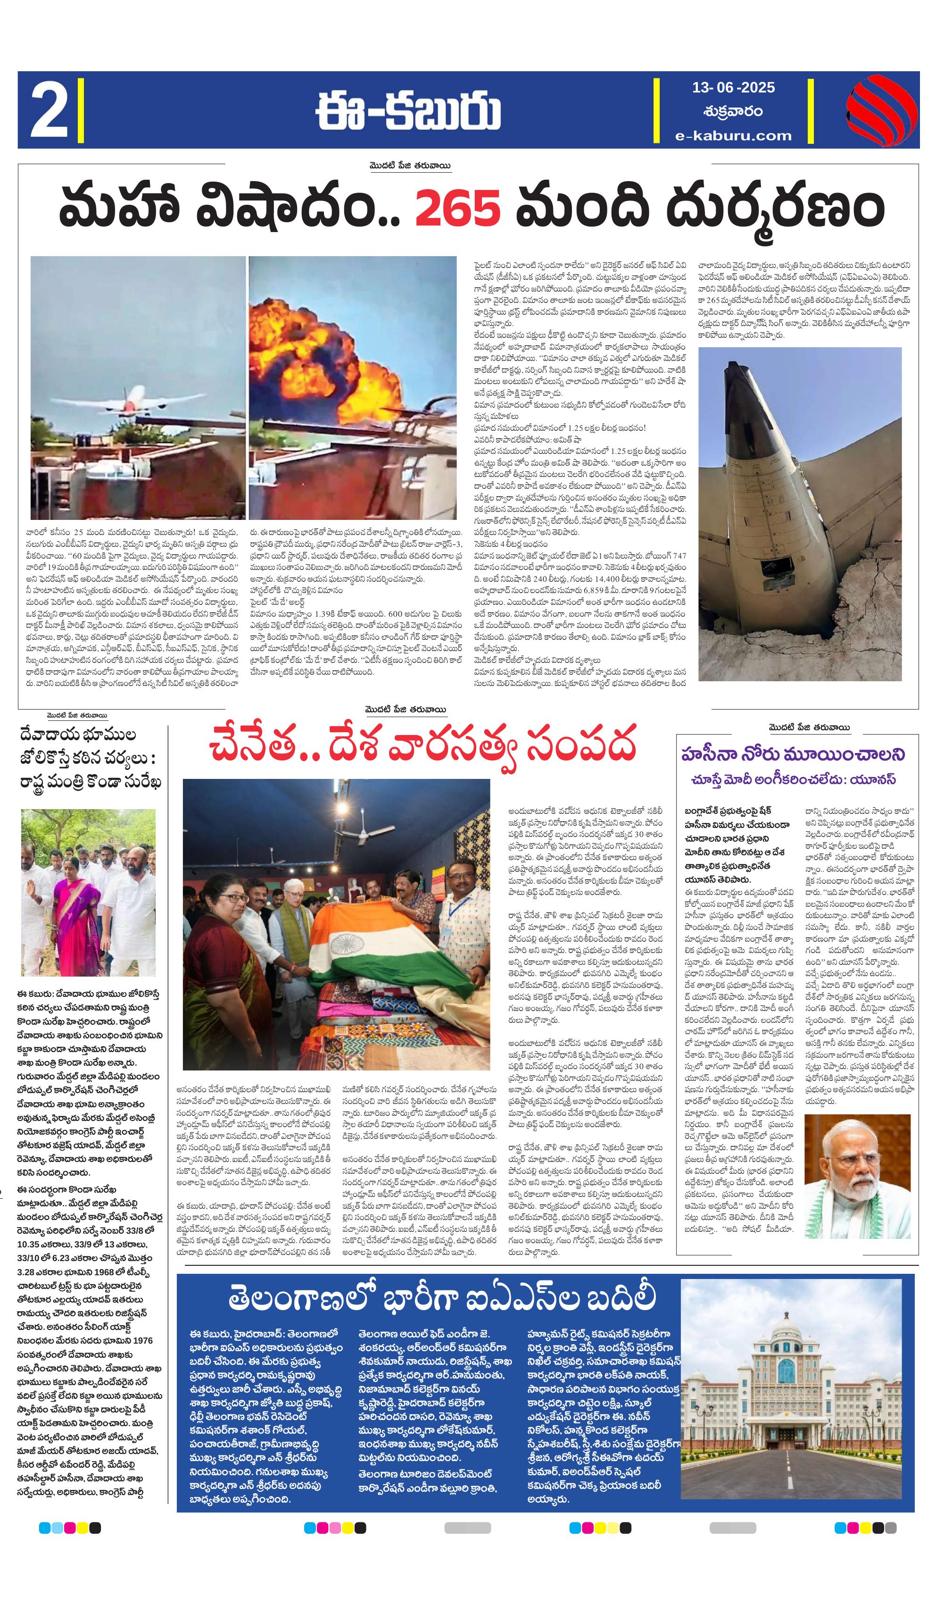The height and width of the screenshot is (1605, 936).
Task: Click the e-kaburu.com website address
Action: coord(734,135)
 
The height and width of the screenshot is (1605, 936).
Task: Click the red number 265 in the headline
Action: coord(458,207)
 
